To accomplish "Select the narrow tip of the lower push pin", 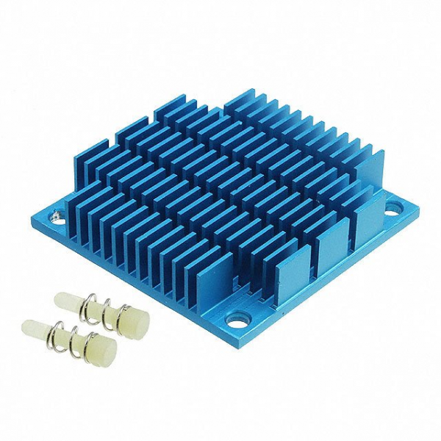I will (31, 326).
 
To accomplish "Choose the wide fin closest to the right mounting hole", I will (367, 213).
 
